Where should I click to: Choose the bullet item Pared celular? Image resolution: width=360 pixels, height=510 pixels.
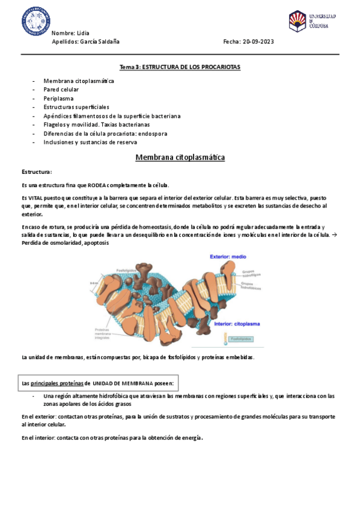61,89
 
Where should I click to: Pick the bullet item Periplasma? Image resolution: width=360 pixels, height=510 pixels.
58,98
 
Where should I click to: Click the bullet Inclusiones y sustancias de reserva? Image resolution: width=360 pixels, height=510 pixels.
90,142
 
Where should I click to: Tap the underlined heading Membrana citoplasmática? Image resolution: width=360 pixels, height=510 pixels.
180,158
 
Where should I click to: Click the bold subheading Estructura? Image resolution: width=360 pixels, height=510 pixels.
37,172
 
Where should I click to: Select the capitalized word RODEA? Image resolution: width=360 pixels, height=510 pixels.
88,185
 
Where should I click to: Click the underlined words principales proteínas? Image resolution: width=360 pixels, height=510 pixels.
56,382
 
